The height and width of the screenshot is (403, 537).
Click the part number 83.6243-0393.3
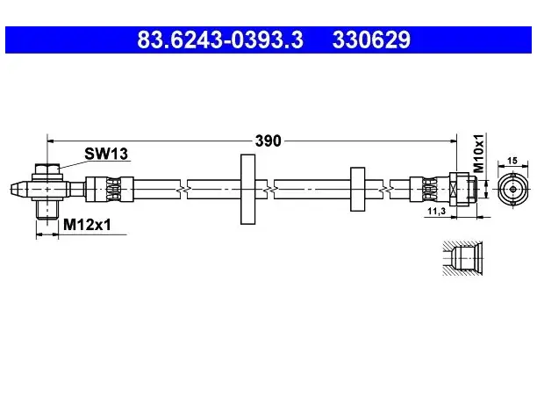coord(220,40)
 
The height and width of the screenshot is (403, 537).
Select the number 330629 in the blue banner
coord(371,40)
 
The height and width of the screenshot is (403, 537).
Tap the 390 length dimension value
coord(268,140)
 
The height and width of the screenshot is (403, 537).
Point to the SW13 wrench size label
coord(106,154)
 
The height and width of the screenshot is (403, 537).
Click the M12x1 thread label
coord(88,225)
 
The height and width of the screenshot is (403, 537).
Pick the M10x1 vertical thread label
coord(478,153)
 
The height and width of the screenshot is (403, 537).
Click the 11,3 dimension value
coord(437,211)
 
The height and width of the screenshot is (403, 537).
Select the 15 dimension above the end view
coord(512,161)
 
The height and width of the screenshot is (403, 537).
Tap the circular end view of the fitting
coord(512,189)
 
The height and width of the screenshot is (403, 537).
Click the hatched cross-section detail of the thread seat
coord(462,258)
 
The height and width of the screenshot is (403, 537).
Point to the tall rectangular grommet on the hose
coord(248,189)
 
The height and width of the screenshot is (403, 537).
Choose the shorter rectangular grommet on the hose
coord(357,189)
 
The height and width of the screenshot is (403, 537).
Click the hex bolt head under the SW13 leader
coord(47,169)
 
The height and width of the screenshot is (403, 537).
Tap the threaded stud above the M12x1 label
coord(47,210)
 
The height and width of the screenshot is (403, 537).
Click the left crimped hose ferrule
coord(110,189)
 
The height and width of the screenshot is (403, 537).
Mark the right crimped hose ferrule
coord(430,189)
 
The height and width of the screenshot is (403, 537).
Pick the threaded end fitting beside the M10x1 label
coord(463,189)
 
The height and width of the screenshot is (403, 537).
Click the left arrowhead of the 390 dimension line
coord(51,140)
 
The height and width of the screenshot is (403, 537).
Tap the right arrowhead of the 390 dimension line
coord(453,140)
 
